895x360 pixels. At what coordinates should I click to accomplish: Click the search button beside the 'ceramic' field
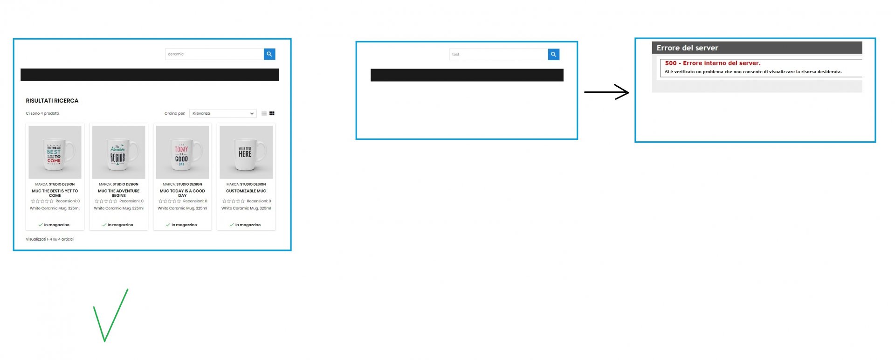pos(269,54)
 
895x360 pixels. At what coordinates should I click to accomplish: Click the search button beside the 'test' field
pos(553,55)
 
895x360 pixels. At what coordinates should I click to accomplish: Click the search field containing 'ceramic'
pos(214,54)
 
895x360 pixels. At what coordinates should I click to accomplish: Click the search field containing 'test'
pos(498,55)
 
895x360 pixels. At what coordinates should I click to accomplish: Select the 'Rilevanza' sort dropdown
pos(223,113)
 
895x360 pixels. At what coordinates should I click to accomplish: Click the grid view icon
pos(272,113)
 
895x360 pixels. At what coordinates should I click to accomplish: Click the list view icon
pos(264,113)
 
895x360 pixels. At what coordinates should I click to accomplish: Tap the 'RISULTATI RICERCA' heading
pos(52,101)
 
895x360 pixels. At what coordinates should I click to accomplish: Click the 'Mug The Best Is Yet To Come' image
pos(55,152)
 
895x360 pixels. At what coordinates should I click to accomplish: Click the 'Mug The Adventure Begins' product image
pos(119,152)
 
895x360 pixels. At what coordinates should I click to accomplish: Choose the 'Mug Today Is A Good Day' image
pos(182,152)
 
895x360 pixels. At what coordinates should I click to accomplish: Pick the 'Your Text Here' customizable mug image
pos(246,152)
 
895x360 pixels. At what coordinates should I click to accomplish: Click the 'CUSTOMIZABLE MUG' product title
pos(246,191)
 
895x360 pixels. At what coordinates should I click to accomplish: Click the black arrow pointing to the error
pos(606,92)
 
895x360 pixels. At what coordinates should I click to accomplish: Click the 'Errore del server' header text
pos(687,48)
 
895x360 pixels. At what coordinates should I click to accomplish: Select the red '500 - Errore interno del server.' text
pos(713,63)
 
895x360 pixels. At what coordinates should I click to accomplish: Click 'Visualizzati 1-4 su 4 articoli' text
pos(50,239)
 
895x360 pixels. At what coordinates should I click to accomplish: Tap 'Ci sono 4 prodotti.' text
pos(43,113)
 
